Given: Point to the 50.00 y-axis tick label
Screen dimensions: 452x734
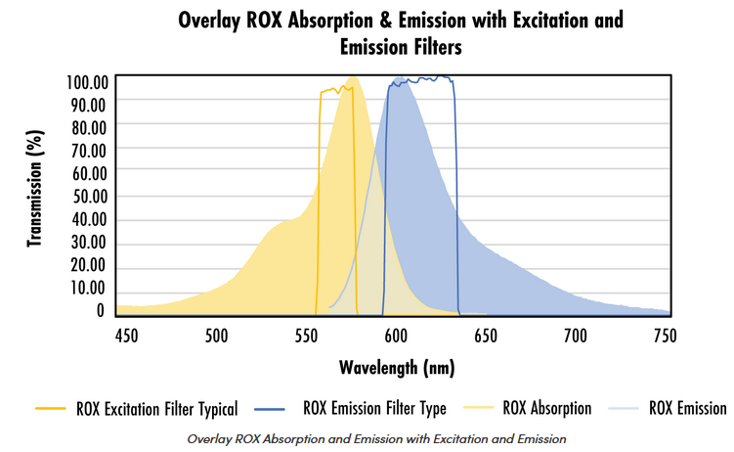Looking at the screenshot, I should click(88, 195).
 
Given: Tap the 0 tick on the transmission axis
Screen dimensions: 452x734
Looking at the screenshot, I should click(100, 310).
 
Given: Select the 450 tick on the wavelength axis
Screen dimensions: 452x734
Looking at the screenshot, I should click(125, 336).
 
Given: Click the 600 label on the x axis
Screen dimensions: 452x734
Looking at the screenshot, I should click(396, 336).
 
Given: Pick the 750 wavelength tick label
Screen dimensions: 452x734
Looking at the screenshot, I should click(665, 336).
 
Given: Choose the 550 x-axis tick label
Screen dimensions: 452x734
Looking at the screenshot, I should click(306, 336).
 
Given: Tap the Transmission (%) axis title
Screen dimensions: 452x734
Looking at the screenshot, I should click(36, 196).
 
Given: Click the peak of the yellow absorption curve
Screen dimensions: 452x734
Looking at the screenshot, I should click(353, 77).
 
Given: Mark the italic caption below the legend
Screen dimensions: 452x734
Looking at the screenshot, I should click(376, 437).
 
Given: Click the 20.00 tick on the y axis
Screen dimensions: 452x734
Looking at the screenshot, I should click(88, 265).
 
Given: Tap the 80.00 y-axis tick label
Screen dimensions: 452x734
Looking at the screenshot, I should click(88, 126).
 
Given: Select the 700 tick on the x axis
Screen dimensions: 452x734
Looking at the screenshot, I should click(575, 336).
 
